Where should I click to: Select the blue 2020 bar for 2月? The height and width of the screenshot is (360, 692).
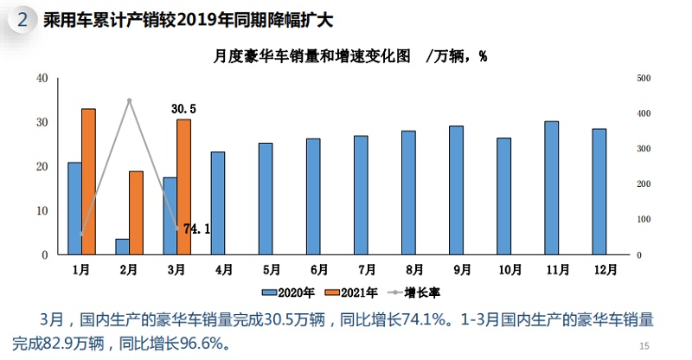tap(122, 247)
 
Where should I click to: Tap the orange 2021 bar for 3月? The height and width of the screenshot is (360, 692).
tap(183, 187)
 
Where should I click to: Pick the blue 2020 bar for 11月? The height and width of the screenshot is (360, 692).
tap(551, 188)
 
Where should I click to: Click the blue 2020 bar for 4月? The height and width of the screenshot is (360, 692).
tap(218, 203)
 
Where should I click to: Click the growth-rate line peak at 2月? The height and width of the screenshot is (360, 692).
tap(129, 100)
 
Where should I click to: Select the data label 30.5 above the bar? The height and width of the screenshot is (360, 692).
tap(183, 109)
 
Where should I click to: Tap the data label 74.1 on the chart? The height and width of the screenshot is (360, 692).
tap(197, 229)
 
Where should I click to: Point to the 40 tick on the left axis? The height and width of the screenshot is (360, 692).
tap(42, 78)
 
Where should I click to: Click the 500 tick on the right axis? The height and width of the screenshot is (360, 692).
tap(643, 78)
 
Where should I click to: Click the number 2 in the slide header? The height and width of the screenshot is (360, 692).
tap(22, 19)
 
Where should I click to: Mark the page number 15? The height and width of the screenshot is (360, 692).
tap(643, 346)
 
